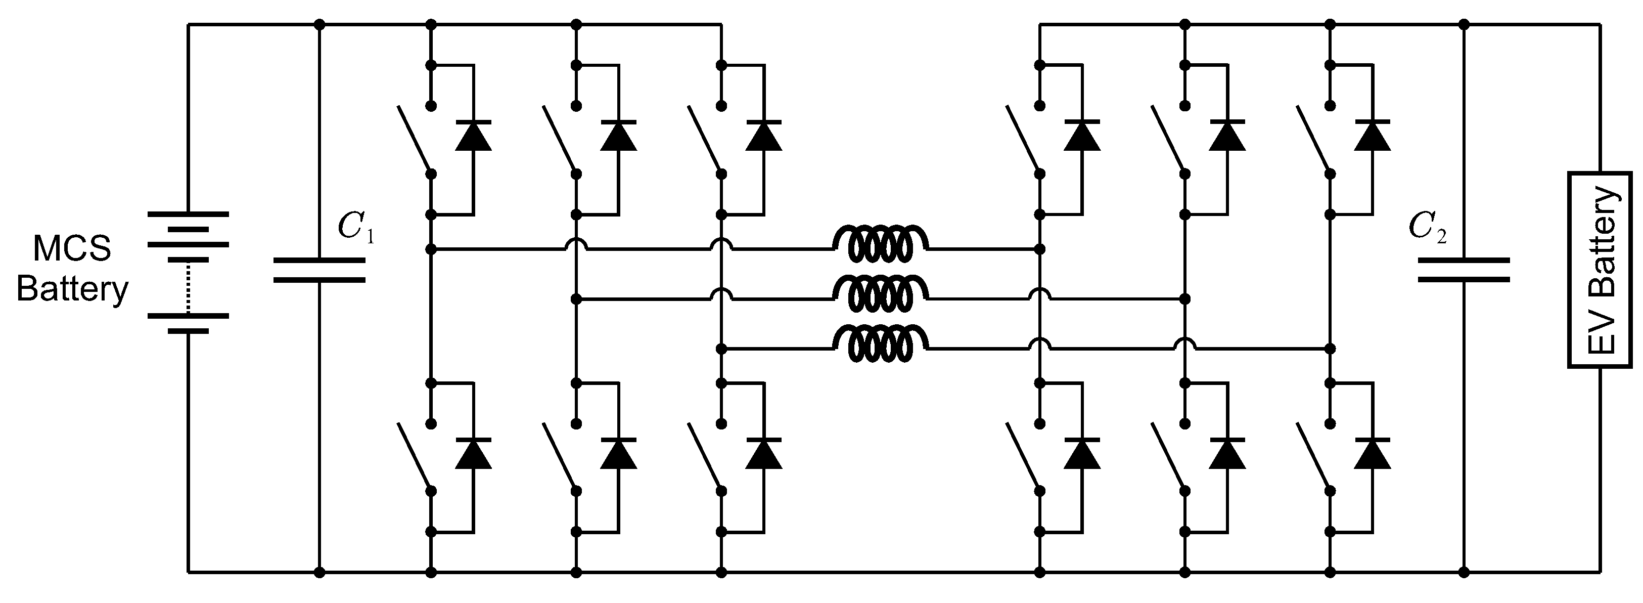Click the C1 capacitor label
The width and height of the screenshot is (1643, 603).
356,227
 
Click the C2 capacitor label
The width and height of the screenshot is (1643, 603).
1427,227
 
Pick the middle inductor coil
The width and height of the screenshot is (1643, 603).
880,293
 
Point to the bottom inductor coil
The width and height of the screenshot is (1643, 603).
880,343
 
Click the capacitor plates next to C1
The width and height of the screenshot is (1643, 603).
319,270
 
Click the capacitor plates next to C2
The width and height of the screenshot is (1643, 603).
1464,270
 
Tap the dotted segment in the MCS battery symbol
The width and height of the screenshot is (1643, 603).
188,287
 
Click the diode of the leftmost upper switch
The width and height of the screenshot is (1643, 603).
473,135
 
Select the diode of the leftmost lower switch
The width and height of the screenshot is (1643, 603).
473,454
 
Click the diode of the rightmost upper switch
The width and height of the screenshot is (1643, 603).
1373,135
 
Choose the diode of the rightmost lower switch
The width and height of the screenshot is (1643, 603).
1373,454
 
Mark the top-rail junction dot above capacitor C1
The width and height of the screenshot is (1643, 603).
320,25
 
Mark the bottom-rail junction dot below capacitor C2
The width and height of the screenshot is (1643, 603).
1464,572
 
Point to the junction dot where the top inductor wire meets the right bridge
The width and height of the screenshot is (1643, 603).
1039,249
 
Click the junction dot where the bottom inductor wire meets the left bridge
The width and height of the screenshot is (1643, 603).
721,349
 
